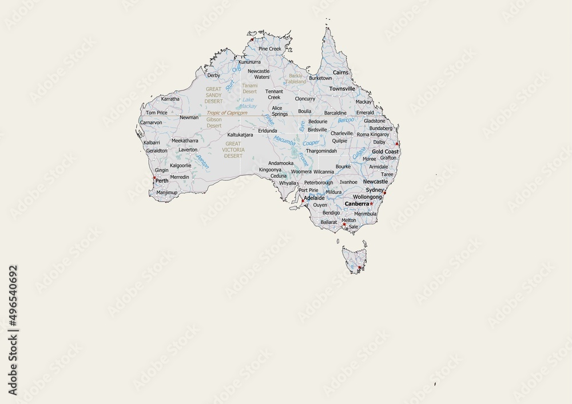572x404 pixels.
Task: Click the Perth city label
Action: pos(162,181)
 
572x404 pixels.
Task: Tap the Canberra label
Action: pos(356,204)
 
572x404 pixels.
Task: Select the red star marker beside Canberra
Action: pos(371,204)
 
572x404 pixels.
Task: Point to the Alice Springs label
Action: pos(280,111)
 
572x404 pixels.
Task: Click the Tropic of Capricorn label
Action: pos(231,113)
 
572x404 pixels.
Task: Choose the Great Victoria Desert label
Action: pos(233,150)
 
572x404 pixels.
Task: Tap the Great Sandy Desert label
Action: pos(213,95)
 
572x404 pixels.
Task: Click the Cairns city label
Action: pos(341,73)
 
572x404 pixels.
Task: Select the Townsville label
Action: pos(342,89)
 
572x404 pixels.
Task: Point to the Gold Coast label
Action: pos(385,151)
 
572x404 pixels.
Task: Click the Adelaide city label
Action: pos(315,198)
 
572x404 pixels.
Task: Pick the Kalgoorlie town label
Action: pos(181,165)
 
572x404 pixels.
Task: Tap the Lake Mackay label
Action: pos(248,103)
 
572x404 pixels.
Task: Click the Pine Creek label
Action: pos(270,49)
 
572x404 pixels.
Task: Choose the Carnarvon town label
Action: pos(151,122)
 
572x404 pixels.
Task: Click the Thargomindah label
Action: pos(321,151)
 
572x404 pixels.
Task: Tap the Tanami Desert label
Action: pos(250,89)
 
